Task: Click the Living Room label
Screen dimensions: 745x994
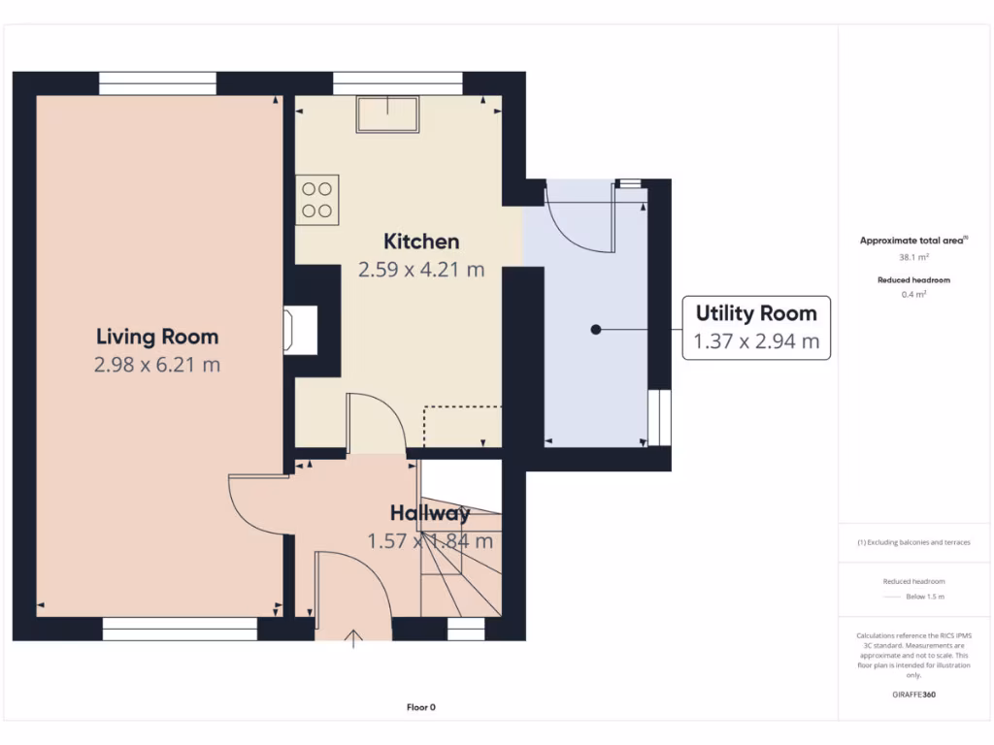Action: tap(157, 337)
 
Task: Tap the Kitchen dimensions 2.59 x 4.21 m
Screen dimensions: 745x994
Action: tap(421, 270)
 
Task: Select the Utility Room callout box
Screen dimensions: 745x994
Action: tap(756, 328)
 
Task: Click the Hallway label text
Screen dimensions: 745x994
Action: tap(430, 513)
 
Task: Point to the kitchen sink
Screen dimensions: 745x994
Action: tap(387, 114)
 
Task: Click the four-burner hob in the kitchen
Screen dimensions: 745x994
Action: tap(317, 200)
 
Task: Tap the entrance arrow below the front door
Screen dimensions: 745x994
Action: tap(354, 638)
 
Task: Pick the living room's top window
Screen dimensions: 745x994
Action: tap(157, 84)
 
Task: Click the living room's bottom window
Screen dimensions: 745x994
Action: tap(180, 630)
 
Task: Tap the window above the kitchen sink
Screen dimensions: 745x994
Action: tap(397, 84)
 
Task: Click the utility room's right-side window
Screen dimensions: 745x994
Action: tap(659, 416)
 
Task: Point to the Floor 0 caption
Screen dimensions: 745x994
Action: tap(420, 707)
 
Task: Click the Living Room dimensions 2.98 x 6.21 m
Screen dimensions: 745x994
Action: tap(157, 365)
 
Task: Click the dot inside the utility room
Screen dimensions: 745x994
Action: tap(596, 330)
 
